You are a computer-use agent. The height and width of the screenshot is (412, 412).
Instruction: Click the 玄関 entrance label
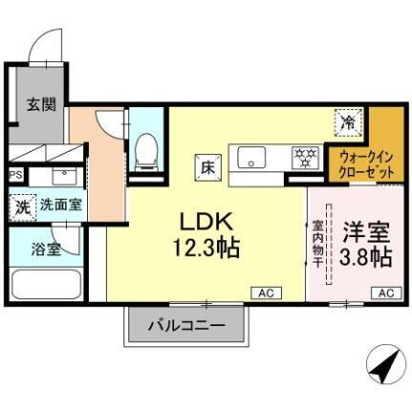[37, 104]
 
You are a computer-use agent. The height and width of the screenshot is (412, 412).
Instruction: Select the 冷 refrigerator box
[348, 123]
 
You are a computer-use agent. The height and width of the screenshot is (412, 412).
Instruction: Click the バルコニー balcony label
[185, 326]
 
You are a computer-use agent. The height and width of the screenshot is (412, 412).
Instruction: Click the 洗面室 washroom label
[60, 204]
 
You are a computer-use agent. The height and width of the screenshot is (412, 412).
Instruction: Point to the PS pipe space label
[14, 175]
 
